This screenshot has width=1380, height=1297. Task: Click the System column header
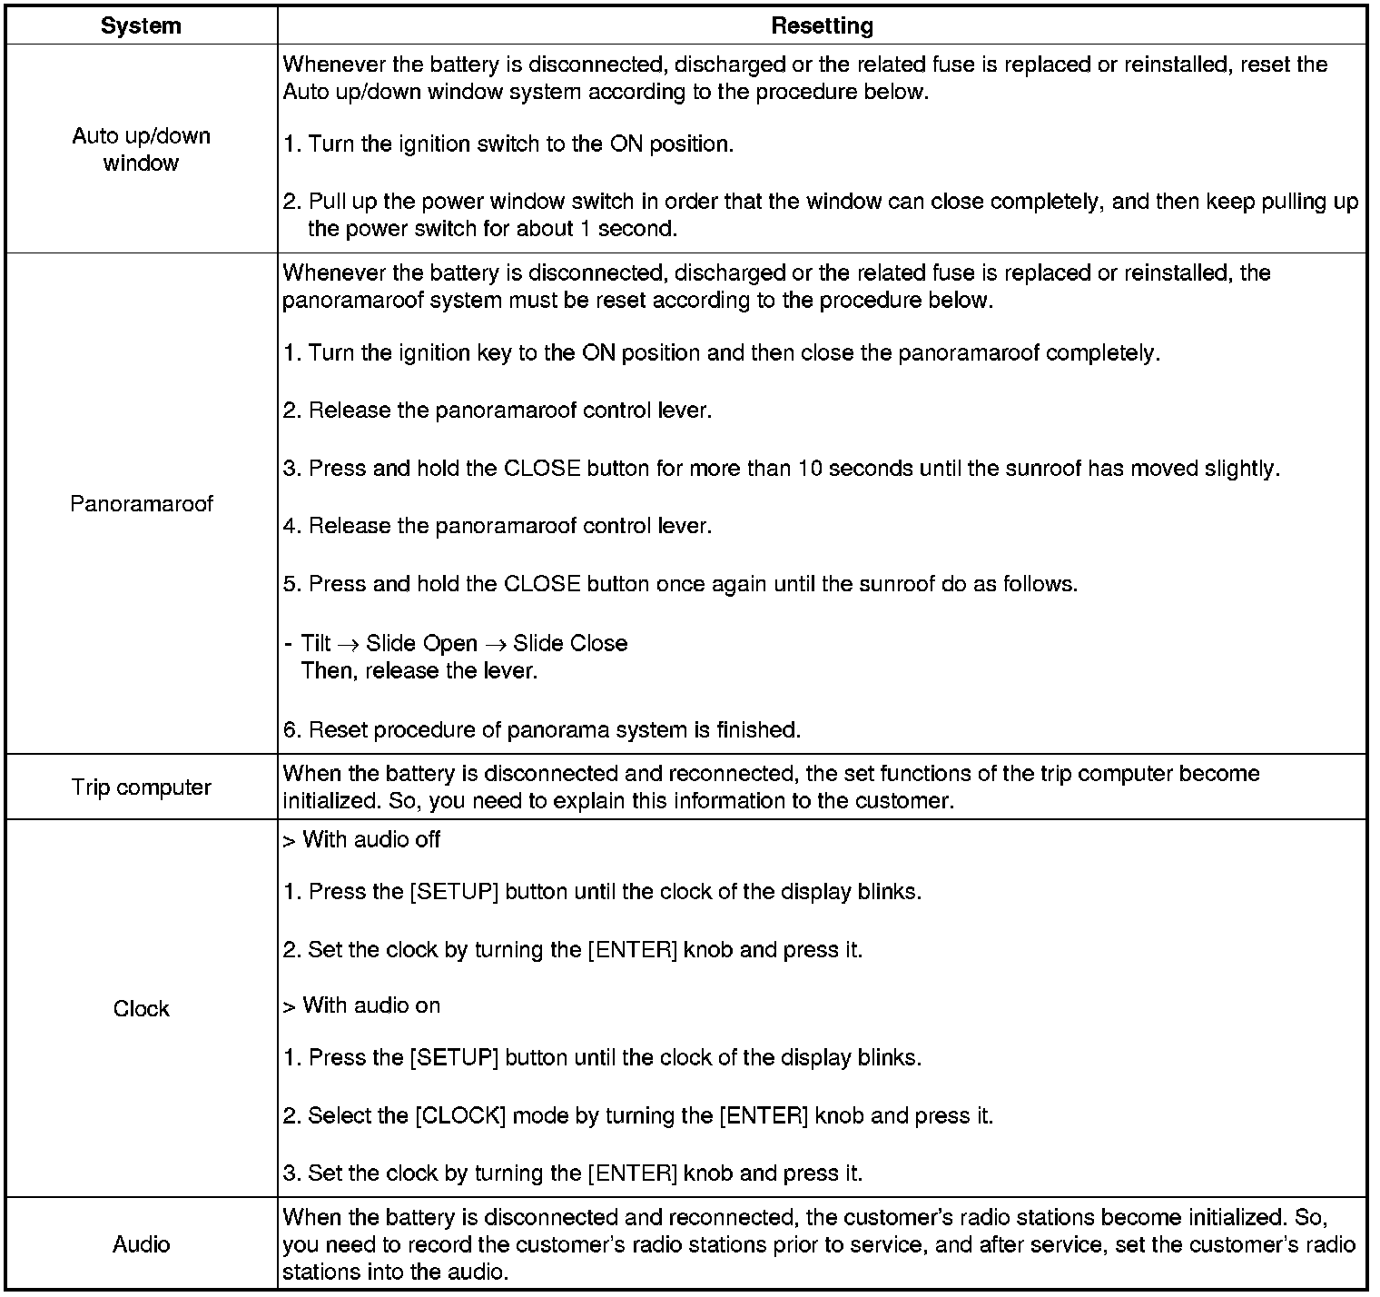141,25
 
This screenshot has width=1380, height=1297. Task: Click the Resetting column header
822,25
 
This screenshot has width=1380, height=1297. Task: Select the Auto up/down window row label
141,149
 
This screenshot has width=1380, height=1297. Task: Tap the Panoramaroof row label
141,503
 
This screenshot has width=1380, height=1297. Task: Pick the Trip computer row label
141,787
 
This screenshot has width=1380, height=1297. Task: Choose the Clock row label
141,1008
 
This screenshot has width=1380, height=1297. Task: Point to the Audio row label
141,1243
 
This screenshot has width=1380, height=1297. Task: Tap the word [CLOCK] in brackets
459,1114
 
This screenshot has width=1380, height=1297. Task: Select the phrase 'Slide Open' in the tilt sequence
421,643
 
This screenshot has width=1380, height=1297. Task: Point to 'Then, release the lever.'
419,670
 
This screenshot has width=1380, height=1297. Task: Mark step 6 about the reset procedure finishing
541,729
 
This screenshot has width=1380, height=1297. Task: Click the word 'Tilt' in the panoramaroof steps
316,643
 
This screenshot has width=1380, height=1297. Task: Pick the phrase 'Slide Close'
570,643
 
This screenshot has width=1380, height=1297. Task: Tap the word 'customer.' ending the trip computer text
909,801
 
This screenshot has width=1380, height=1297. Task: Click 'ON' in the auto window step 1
626,144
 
